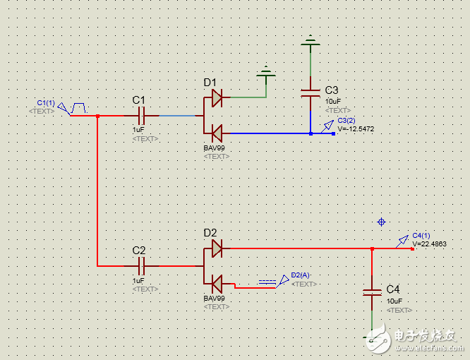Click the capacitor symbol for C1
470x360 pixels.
click(140, 115)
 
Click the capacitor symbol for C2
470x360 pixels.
click(140, 266)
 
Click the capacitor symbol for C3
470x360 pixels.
click(310, 92)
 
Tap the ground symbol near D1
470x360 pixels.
click(266, 71)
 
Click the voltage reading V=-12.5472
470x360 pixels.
click(356, 129)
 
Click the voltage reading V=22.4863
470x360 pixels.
click(430, 244)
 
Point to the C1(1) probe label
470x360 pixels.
click(45, 103)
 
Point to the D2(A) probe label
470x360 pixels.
click(301, 275)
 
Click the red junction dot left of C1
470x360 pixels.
click(97, 116)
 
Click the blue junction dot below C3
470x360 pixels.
click(310, 133)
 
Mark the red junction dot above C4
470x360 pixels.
click(372, 248)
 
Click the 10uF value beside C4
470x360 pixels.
click(394, 301)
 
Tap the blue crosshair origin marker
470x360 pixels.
click(382, 222)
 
